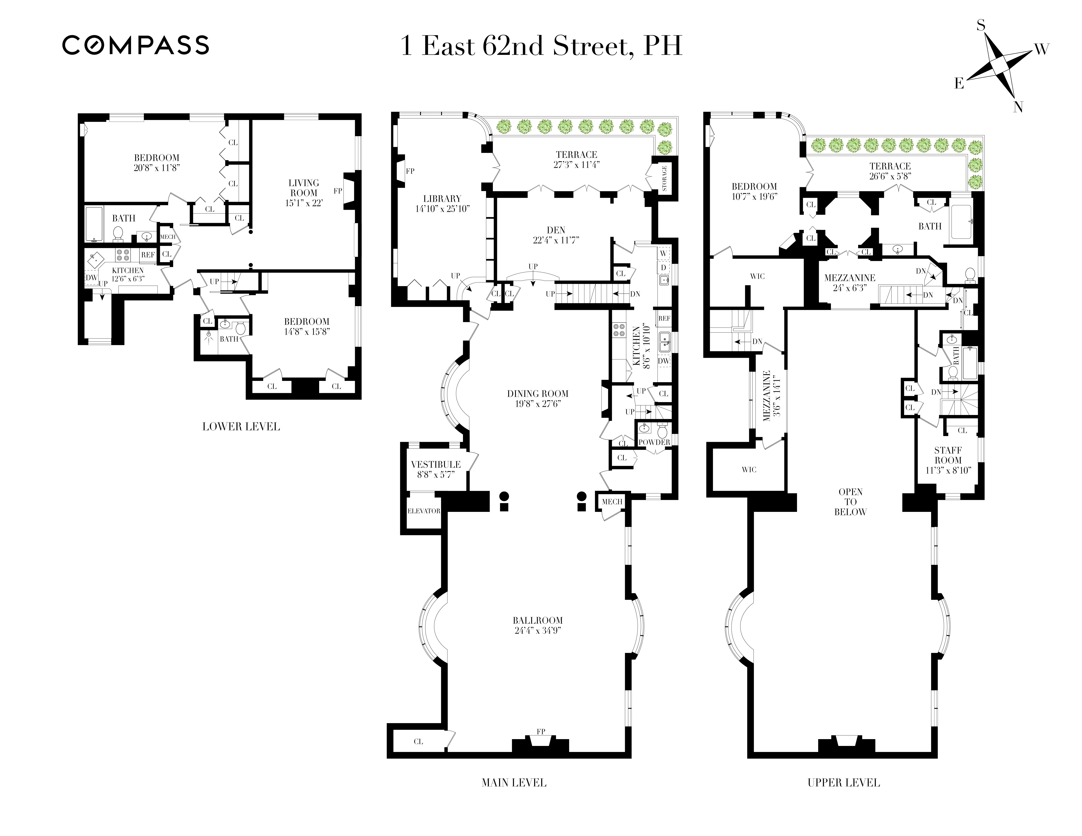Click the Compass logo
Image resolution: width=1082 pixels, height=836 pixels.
pyautogui.click(x=135, y=45)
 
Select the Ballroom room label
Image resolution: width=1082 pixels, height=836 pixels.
pyautogui.click(x=538, y=620)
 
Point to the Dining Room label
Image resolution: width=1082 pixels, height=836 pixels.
pyautogui.click(x=538, y=394)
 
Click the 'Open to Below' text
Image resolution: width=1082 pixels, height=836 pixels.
pyautogui.click(x=850, y=502)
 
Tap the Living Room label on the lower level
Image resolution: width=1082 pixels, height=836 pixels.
pyautogui.click(x=304, y=188)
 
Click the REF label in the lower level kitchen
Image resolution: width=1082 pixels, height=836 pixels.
pyautogui.click(x=148, y=255)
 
